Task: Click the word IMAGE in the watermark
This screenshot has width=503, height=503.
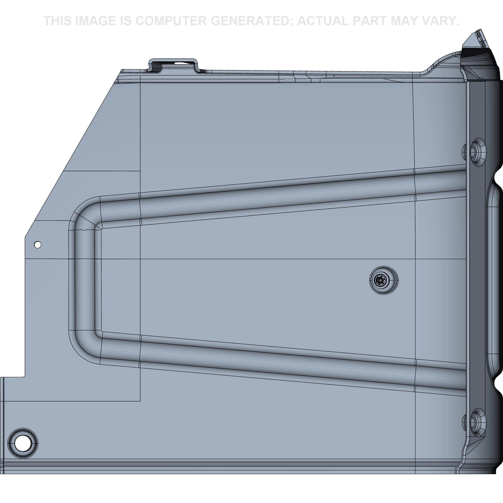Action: point(95,21)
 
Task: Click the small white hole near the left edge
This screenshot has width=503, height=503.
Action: point(38,245)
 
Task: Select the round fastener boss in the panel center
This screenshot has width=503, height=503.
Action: point(384,280)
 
